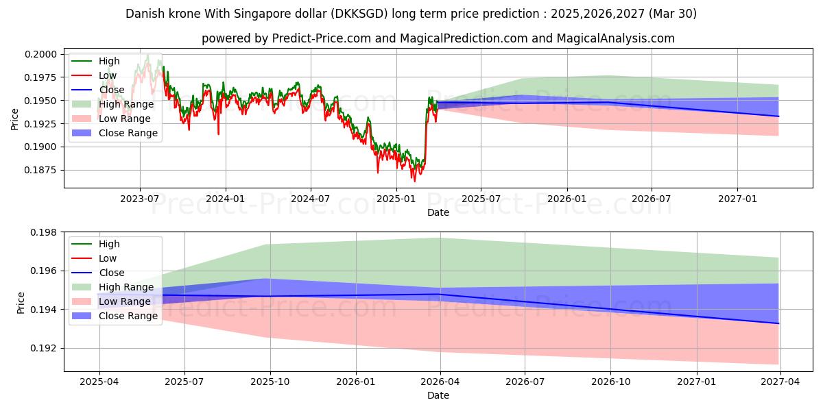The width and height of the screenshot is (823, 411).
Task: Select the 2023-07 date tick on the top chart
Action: [x=140, y=198]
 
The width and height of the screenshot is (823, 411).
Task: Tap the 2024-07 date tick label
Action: [x=311, y=198]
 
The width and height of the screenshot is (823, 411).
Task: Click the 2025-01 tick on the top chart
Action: [x=396, y=198]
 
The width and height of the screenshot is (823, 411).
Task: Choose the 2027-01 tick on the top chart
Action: [x=737, y=198]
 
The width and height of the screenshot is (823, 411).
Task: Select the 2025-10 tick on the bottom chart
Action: [x=270, y=381]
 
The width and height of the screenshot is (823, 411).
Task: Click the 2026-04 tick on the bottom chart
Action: [x=440, y=381]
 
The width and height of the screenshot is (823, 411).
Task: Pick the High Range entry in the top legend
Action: [x=127, y=104]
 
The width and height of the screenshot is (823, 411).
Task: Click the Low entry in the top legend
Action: [x=108, y=75]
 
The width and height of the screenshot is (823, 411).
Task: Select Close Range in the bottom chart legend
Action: [x=128, y=316]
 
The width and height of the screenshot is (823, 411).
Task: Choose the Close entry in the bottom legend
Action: [x=112, y=273]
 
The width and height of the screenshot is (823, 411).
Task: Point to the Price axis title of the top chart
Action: [x=15, y=119]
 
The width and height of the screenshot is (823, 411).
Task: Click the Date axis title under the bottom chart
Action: [x=438, y=395]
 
